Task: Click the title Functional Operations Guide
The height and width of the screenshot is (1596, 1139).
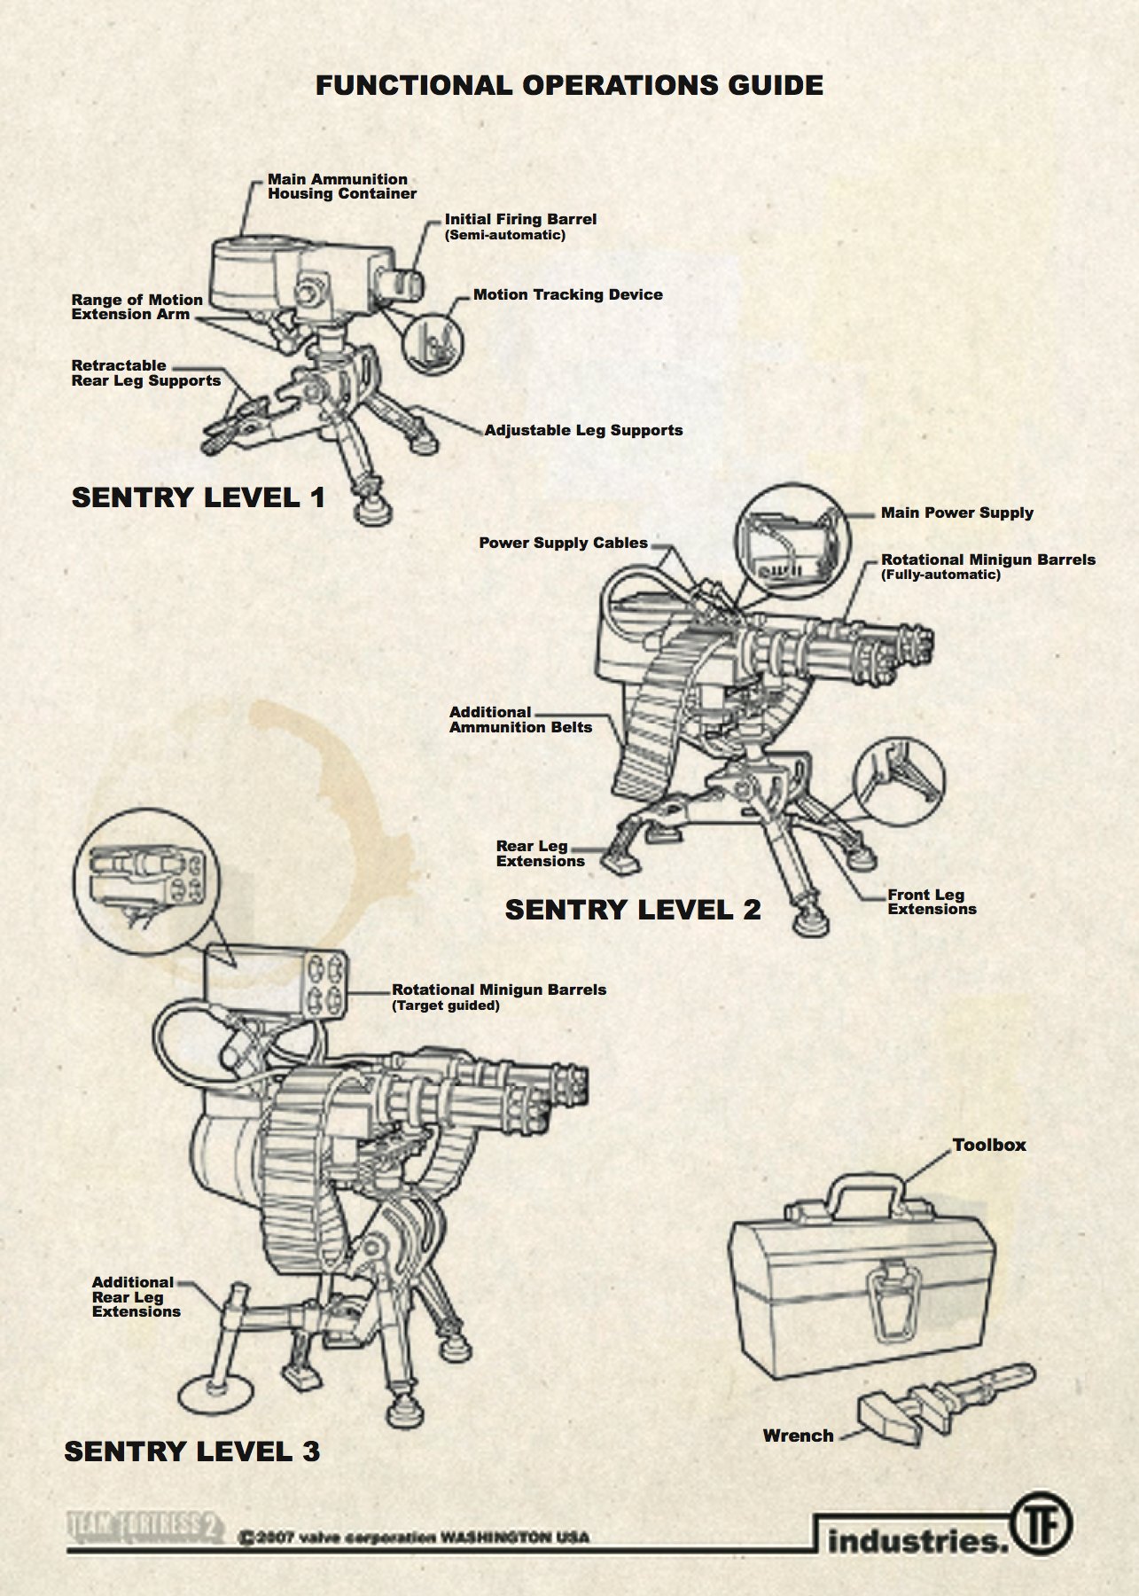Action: [x=569, y=86]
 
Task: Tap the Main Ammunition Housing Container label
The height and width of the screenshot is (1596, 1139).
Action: [x=341, y=186]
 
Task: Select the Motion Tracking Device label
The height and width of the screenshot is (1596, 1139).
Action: [x=567, y=295]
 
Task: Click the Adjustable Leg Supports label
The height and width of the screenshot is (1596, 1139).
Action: [x=583, y=431]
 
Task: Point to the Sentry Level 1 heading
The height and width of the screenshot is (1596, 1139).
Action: [x=199, y=497]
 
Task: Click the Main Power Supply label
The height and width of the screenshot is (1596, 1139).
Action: [x=956, y=513]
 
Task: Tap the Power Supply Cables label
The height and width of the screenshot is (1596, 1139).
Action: [x=563, y=544]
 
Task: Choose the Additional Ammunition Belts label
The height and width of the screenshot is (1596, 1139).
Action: [x=520, y=720]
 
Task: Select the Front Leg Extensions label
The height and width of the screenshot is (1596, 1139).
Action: [x=932, y=903]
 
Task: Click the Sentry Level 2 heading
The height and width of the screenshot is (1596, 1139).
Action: [x=633, y=910]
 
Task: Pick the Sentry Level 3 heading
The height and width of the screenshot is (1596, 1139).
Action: [x=192, y=1451]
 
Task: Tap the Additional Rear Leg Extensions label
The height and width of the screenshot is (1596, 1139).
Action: [x=136, y=1297]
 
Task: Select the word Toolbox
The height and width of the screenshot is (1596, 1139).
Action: [x=989, y=1146]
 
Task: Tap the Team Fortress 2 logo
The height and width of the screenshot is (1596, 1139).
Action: [x=144, y=1526]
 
